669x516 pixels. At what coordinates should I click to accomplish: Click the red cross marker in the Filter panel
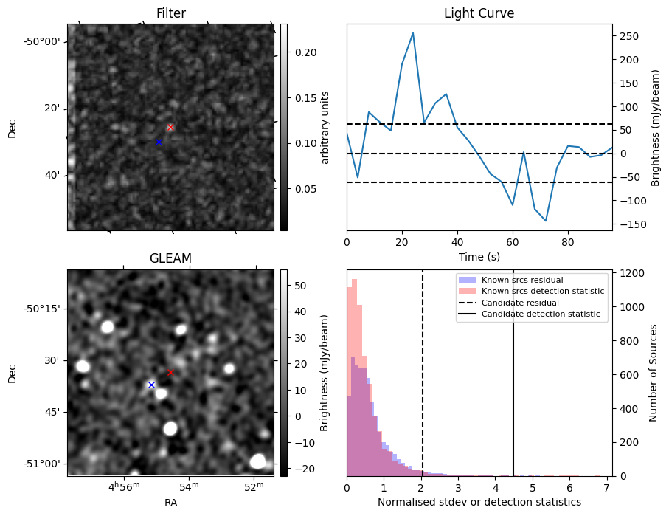click(x=170, y=127)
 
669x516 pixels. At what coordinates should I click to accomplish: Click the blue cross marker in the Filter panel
click(x=158, y=142)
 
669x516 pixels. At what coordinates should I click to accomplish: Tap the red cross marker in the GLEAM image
click(x=170, y=372)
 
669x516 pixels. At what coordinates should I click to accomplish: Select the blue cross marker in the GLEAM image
click(x=151, y=385)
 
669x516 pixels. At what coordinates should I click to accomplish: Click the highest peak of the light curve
click(x=412, y=33)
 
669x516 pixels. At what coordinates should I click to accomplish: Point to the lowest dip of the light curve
click(x=546, y=221)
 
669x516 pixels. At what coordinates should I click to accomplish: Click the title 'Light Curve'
click(x=479, y=13)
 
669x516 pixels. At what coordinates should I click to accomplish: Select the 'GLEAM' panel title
click(x=170, y=258)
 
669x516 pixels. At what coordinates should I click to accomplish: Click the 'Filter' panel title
click(x=170, y=13)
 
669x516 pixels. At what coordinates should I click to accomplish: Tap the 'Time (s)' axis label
click(x=479, y=255)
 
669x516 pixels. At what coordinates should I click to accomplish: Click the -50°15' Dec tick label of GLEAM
click(x=43, y=309)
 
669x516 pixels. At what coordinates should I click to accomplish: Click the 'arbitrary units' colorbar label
click(x=325, y=127)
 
